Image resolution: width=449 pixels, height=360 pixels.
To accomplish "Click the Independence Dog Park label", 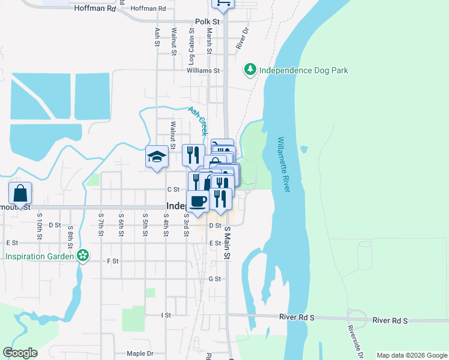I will coord(303,70).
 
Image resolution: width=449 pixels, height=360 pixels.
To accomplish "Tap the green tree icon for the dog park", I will coord(250,70).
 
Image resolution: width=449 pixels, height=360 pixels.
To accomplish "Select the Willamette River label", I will coord(283,164).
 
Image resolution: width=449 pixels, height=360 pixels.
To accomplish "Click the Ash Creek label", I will coord(198,120).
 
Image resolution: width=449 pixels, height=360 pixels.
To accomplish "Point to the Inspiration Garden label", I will coord(40,256).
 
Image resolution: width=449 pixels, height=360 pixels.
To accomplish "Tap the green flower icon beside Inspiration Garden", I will coord(83,256).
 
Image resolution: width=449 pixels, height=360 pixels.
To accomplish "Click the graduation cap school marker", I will coord(157,157).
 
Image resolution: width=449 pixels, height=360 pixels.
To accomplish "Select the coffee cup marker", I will coord(197,201).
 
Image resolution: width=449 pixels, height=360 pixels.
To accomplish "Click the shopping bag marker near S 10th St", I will coord(20,194).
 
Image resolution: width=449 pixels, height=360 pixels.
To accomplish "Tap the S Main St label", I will coord(228,243).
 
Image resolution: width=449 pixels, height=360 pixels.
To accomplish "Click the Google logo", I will coord(20,353).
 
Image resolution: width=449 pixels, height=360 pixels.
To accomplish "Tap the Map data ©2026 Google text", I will coord(412,355).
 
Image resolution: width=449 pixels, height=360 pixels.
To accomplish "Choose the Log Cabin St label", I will coord(191,50).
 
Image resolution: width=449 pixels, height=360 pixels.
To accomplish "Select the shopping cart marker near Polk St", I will coord(223,4).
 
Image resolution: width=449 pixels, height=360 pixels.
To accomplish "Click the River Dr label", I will coord(242,38).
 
